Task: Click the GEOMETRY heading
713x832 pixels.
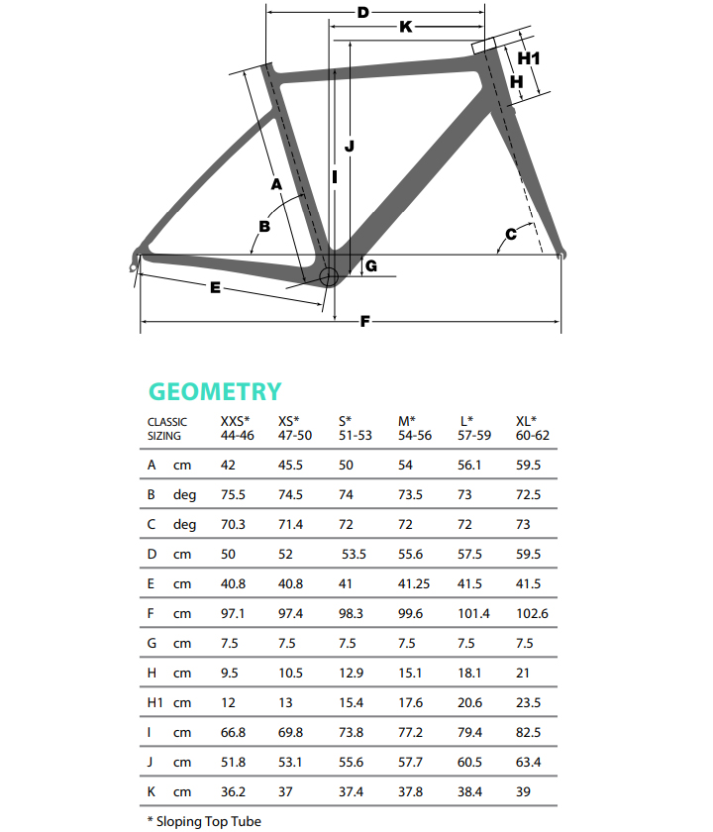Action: point(215,392)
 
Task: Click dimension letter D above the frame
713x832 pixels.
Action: point(362,13)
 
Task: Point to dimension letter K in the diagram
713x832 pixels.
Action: point(405,28)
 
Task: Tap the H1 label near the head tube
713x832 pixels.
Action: point(529,58)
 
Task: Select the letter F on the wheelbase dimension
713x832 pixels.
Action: point(364,321)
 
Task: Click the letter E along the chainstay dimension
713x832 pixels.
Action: point(214,288)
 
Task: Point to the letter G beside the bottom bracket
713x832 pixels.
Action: point(370,265)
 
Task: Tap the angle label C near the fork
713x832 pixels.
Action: point(511,234)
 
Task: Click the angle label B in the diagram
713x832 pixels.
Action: point(264,226)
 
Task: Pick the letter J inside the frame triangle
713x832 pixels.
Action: point(349,146)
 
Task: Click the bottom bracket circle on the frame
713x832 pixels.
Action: point(329,274)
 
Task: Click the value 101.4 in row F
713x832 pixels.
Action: point(474,614)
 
